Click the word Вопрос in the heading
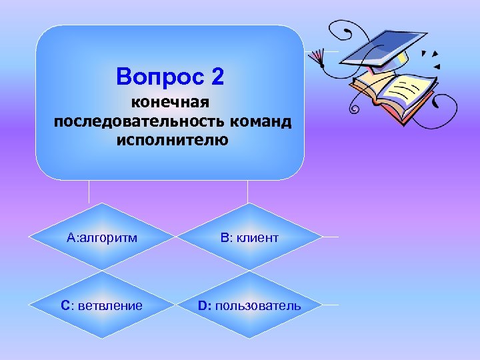[x=161, y=77]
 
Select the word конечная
[x=170, y=103]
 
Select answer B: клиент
[x=248, y=237]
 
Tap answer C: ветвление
[x=102, y=305]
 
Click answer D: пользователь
[x=249, y=305]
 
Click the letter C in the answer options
[x=65, y=305]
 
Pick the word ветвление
[x=111, y=305]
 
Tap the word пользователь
[x=258, y=305]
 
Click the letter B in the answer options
[x=221, y=237]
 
